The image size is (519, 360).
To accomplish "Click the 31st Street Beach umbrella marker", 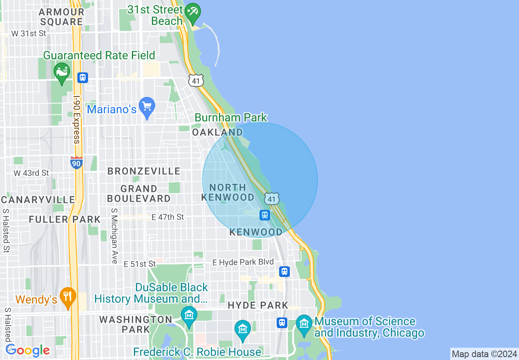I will click(x=192, y=11).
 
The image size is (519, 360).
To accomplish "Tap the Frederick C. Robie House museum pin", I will click(x=243, y=330).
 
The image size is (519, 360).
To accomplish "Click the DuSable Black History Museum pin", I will click(x=189, y=316).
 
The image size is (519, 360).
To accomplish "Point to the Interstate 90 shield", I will click(x=77, y=163).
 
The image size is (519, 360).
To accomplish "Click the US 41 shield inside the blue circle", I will click(x=272, y=198).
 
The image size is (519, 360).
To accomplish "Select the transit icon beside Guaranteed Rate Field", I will click(x=83, y=77).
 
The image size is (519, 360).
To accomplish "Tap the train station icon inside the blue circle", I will click(x=264, y=215).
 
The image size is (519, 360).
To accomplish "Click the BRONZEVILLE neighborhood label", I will click(x=144, y=171).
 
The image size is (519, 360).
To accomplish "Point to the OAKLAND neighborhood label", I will click(x=217, y=132).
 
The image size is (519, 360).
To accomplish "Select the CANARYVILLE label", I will click(x=38, y=200).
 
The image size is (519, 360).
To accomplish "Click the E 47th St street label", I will click(x=168, y=217).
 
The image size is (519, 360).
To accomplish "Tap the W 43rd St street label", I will click(x=31, y=173).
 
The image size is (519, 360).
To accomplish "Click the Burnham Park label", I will click(x=230, y=118).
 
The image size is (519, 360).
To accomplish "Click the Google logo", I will click(x=27, y=350).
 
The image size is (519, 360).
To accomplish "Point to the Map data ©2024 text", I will click(x=484, y=354).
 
